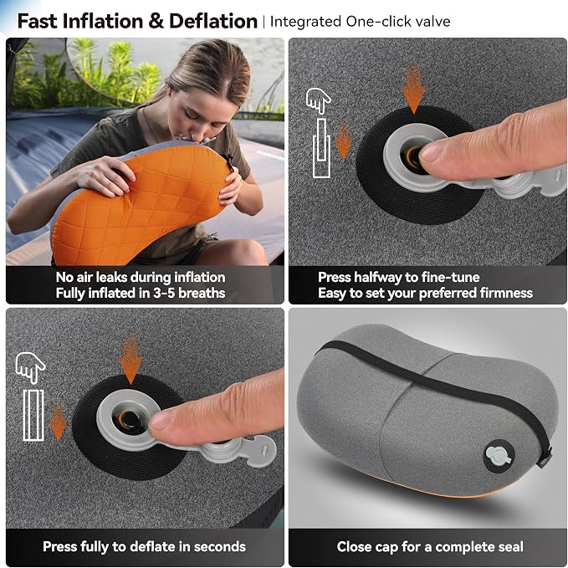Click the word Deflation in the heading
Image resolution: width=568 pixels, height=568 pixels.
coord(213,21)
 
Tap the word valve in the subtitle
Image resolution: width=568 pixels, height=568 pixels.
coord(432,22)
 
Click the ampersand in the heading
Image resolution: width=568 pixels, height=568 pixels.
coord(156,21)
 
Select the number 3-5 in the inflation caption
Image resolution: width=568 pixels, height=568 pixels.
coord(163,293)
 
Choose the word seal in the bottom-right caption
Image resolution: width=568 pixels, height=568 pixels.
coord(510,546)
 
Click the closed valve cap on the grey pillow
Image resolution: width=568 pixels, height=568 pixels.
coord(499,455)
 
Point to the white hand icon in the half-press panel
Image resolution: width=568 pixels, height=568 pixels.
coord(318,100)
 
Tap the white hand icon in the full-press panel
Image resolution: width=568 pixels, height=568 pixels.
coord(30,368)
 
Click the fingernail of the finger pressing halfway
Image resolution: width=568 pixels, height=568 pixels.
coord(431,152)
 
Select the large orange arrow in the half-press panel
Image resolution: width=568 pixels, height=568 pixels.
coord(413,88)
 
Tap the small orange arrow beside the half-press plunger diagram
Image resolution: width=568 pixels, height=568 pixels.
coord(343,141)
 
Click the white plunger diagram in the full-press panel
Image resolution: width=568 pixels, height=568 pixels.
coord(33,415)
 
